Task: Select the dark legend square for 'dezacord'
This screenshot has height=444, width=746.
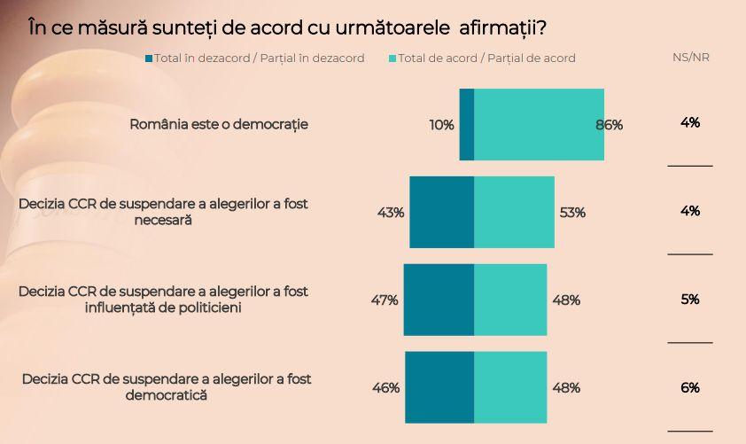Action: point(149,58)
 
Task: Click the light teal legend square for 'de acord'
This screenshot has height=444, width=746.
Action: point(392,58)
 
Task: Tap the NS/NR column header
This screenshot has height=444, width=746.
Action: point(690,58)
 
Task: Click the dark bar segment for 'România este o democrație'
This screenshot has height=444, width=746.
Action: point(466,125)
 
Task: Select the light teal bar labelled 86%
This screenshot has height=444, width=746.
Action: point(539,125)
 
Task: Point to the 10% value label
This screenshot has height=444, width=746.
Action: point(441,125)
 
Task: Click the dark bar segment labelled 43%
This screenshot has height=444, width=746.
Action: point(441,212)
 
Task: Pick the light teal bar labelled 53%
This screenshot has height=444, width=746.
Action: point(514,212)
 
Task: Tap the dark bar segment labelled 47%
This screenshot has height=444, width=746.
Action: point(439,300)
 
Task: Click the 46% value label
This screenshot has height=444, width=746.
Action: point(385,387)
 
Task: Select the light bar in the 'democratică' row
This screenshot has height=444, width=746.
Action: point(510,387)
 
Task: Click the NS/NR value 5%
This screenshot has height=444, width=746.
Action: point(690,300)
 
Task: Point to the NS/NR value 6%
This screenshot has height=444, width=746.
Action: point(690,387)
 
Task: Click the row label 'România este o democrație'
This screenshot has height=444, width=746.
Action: point(219,124)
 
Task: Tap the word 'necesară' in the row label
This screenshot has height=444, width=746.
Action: point(164,221)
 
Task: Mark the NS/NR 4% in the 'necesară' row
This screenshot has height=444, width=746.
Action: point(690,211)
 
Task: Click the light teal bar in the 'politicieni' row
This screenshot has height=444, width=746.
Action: point(510,300)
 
